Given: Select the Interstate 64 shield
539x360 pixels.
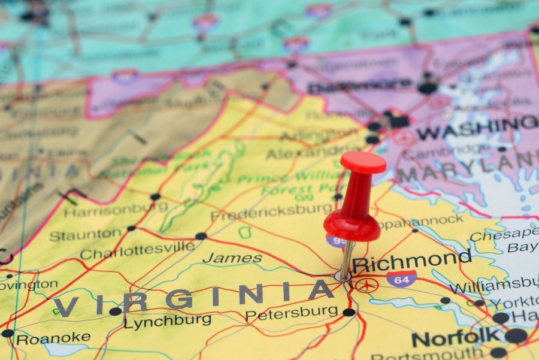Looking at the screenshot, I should (401, 277).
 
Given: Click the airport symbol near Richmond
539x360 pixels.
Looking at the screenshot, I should (366, 285).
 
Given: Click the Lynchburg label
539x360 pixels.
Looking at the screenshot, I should (167, 320).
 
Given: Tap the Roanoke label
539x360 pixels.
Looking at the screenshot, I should (53, 338).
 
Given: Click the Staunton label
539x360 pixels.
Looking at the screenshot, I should (85, 235).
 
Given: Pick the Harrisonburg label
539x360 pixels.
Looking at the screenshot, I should (116, 210).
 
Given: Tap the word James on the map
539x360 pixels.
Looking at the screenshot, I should (232, 259).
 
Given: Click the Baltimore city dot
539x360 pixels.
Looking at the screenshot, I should (427, 88).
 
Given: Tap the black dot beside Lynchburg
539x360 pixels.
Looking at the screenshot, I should (115, 311).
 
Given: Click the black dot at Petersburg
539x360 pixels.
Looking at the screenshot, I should (349, 312).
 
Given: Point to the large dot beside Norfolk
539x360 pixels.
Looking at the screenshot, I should (516, 335).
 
